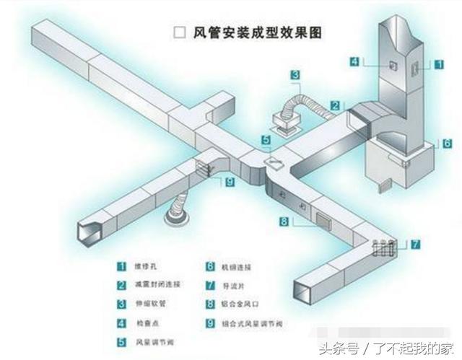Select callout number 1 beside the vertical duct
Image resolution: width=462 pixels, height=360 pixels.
point(439,64)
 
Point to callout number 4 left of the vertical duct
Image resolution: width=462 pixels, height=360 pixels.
point(354,62)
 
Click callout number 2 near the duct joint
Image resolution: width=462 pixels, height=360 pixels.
point(336,105)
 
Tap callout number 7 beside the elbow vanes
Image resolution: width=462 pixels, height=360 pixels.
point(416,244)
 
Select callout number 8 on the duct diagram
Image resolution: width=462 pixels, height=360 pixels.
point(284,221)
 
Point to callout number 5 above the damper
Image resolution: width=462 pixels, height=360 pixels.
point(266,139)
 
